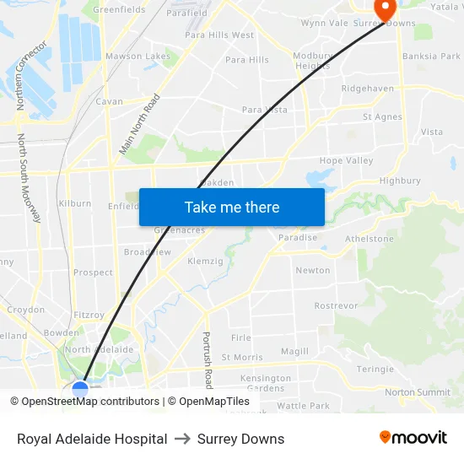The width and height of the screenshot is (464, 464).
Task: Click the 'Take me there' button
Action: coord(232,207)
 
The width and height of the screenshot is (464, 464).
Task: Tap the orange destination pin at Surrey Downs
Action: coord(384,10)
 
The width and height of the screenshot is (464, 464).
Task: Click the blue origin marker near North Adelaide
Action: coord(80,390)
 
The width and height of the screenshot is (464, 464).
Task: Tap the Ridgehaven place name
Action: coord(367,88)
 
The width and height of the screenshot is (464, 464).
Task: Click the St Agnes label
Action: coord(382,117)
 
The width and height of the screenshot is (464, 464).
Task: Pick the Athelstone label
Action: coord(369,239)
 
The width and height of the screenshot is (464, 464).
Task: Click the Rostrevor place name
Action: coord(337,305)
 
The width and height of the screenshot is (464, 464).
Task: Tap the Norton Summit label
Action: coord(418,392)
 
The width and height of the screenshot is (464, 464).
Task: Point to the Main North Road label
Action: coord(139,124)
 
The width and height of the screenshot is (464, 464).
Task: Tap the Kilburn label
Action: coord(74,203)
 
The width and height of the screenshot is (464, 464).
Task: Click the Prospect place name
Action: coord(93,272)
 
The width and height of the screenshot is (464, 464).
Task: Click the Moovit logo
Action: coord(413,437)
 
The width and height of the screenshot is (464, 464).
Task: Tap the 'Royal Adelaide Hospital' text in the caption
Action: coord(92,439)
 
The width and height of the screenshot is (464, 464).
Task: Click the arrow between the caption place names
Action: coord(182,439)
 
